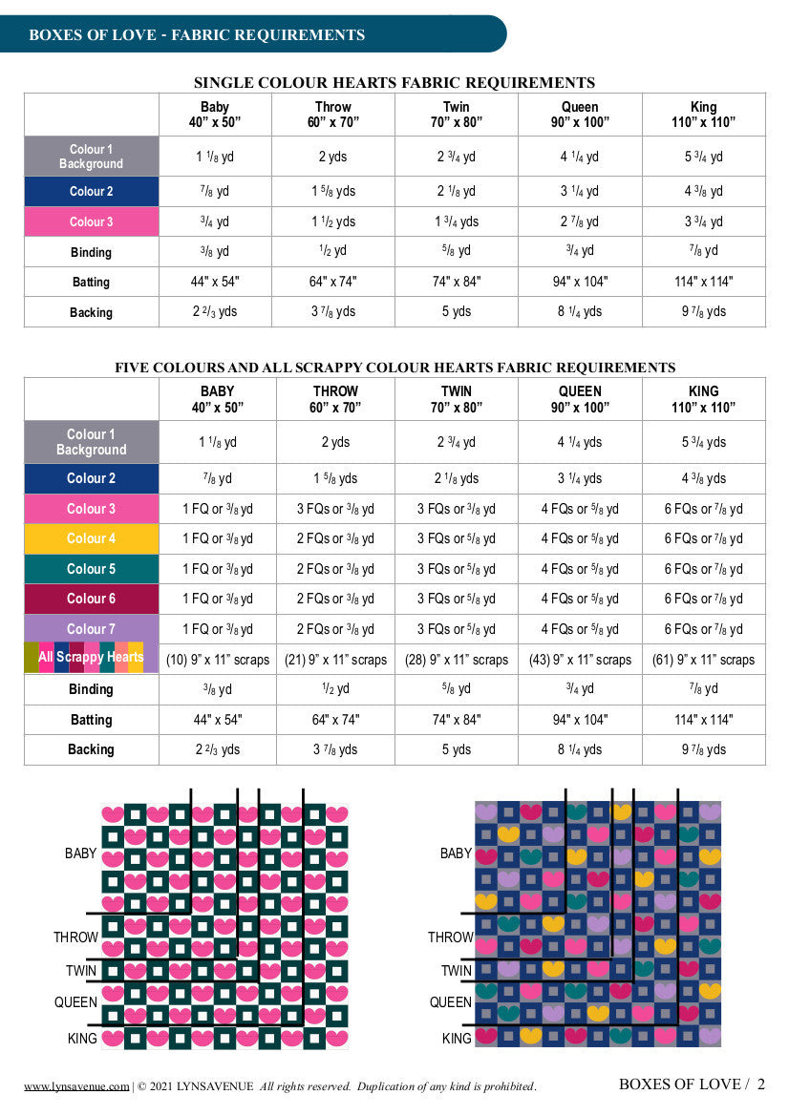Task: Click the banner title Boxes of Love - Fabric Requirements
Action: click(x=197, y=35)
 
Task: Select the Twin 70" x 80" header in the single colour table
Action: click(x=456, y=115)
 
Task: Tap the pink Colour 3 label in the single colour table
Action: click(x=91, y=221)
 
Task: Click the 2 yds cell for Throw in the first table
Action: click(x=332, y=157)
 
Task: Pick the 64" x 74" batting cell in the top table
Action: click(x=332, y=282)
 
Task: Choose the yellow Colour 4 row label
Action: click(x=91, y=538)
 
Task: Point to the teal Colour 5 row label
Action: click(x=91, y=569)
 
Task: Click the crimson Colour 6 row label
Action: click(x=91, y=599)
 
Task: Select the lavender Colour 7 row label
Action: click(x=91, y=629)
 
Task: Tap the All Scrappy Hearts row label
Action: click(x=91, y=658)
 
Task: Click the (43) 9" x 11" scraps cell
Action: click(x=580, y=659)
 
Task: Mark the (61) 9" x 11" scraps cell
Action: click(x=703, y=659)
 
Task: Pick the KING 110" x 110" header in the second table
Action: click(x=703, y=399)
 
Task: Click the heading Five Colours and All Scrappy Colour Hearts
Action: click(x=394, y=368)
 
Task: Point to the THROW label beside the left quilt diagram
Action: click(x=75, y=937)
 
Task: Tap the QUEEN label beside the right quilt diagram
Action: click(x=450, y=1002)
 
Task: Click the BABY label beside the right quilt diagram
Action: click(x=456, y=853)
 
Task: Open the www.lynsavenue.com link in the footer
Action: click(x=75, y=1085)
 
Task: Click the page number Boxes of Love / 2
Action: click(x=692, y=1084)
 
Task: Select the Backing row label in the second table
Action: click(x=91, y=749)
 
